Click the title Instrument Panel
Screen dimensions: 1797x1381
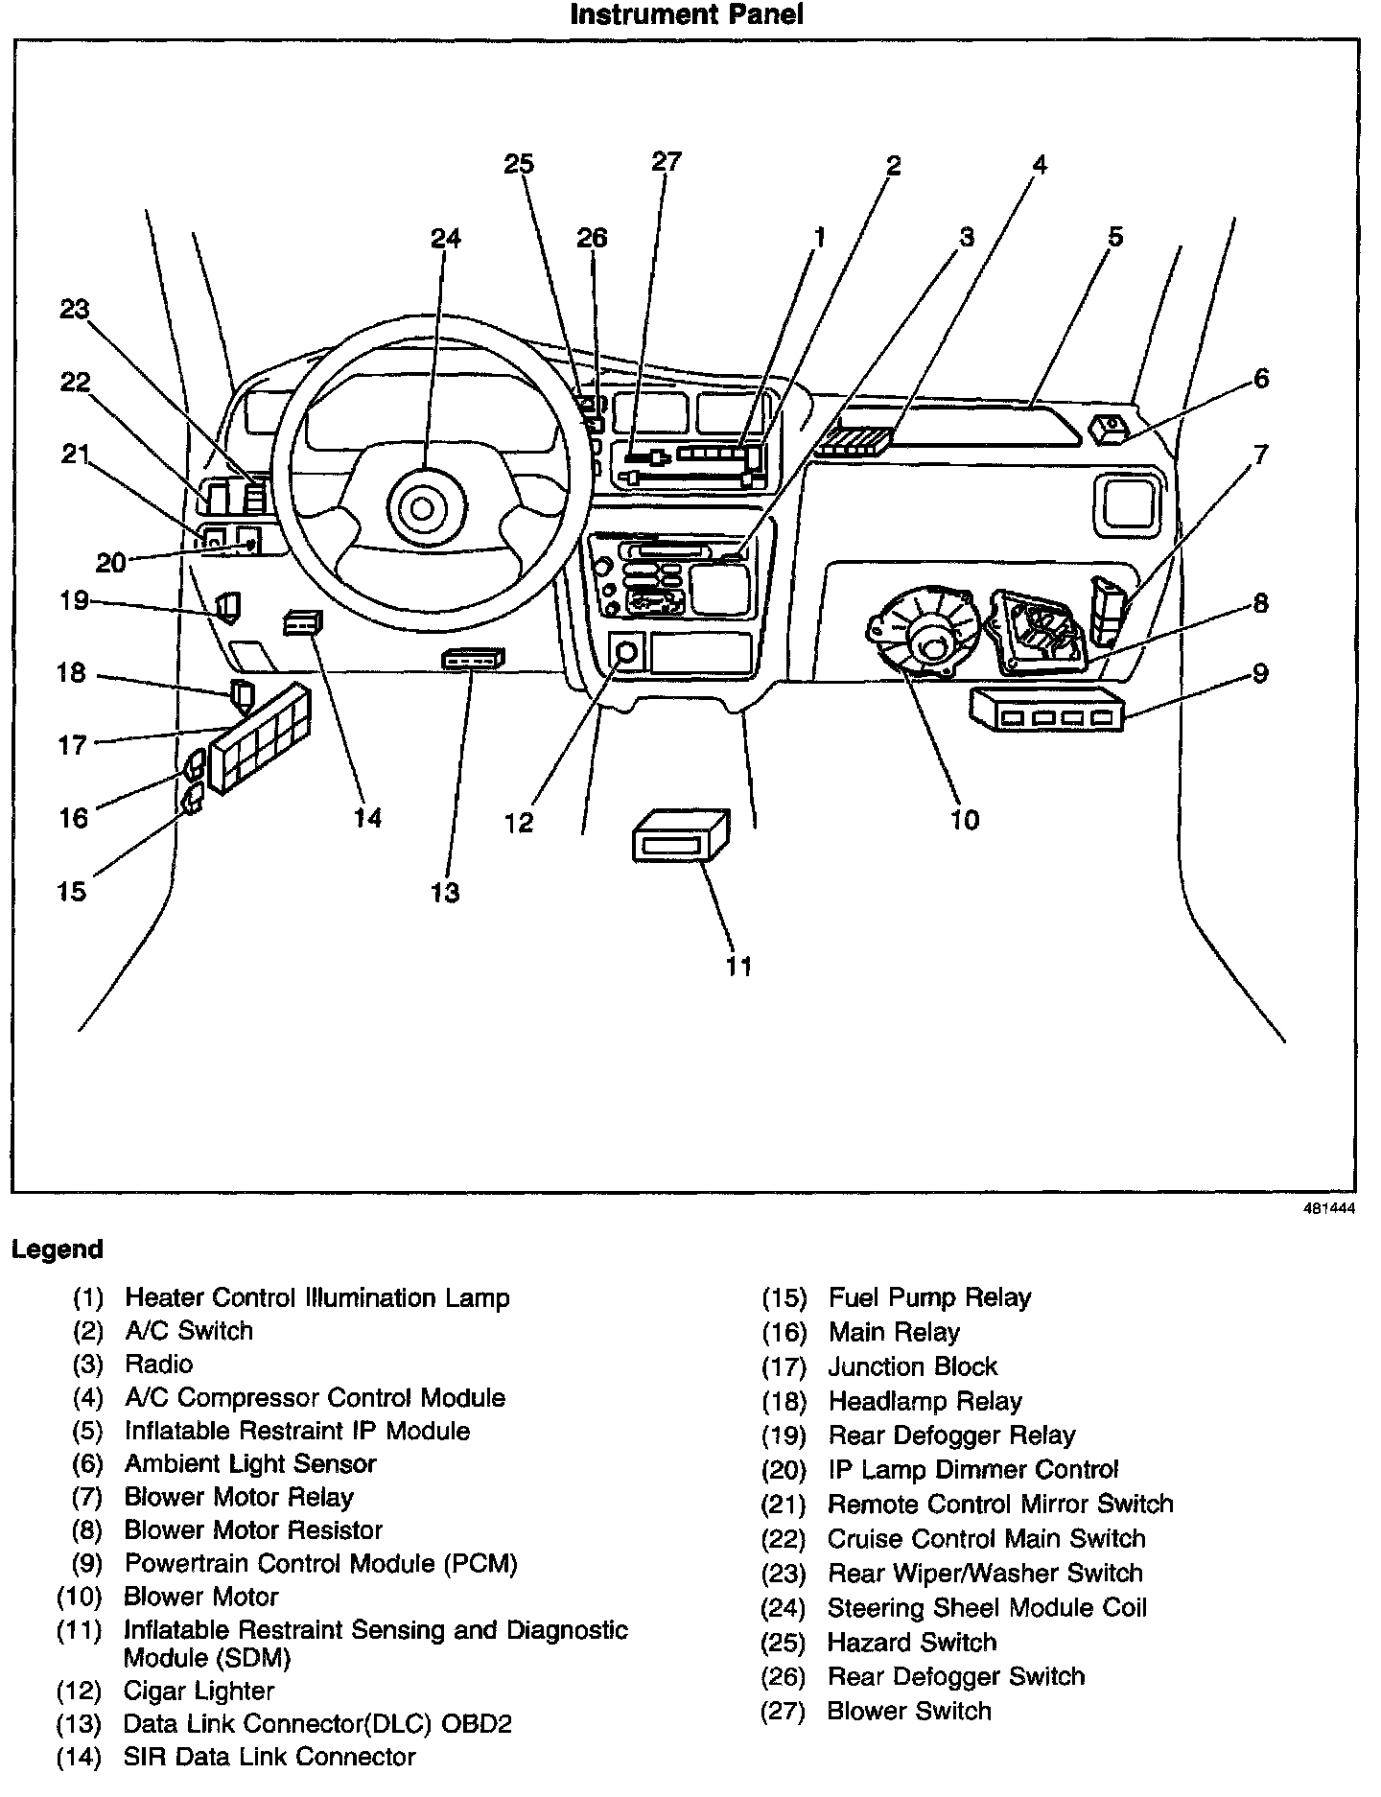pyautogui.click(x=686, y=15)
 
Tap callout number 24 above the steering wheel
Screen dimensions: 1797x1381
pyautogui.click(x=445, y=238)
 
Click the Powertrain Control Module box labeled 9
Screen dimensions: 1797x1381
pyautogui.click(x=1048, y=711)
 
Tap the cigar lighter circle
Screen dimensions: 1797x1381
pyautogui.click(x=626, y=653)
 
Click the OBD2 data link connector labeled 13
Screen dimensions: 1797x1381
pyautogui.click(x=472, y=659)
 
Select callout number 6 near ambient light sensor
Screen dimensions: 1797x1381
pyautogui.click(x=1261, y=379)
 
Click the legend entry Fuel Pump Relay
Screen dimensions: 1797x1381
pyautogui.click(x=929, y=1298)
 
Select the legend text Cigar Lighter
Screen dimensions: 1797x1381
pyautogui.click(x=199, y=1692)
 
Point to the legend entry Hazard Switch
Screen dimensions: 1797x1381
pyautogui.click(x=911, y=1643)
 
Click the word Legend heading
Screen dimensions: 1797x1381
pyautogui.click(x=57, y=1249)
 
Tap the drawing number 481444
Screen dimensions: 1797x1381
pyautogui.click(x=1328, y=1210)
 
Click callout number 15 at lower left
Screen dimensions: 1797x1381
pyautogui.click(x=72, y=891)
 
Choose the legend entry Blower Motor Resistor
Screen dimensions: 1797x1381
pyautogui.click(x=253, y=1530)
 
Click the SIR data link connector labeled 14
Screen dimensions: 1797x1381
pyautogui.click(x=303, y=623)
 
